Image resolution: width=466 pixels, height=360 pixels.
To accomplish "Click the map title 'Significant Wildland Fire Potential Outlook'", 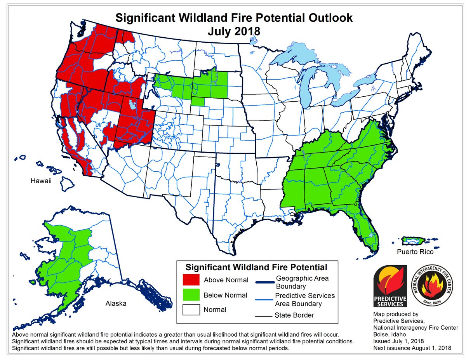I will (233, 18).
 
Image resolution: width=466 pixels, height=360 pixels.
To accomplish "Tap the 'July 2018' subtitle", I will (233, 31).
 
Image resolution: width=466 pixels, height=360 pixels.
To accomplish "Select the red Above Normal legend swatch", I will (191, 280).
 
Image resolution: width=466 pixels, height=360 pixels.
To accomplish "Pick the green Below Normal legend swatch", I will (191, 295).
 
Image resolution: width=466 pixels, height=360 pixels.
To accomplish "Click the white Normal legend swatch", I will (191, 310).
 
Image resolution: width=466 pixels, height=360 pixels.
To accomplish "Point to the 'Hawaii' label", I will (42, 181).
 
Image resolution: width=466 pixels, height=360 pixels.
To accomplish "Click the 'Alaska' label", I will (116, 303).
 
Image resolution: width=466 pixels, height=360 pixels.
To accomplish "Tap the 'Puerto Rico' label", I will (415, 252).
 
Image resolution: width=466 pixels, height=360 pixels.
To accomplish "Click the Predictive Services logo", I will (390, 286).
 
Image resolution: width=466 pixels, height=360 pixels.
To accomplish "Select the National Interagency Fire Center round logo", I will (431, 286).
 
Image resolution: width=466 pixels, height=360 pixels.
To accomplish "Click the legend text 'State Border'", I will (294, 315).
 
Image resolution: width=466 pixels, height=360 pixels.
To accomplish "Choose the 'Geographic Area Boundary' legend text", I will (302, 282).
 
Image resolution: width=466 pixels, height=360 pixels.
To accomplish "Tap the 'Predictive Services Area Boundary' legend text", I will (304, 299).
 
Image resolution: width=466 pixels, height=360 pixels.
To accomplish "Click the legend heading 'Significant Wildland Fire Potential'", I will (256, 267).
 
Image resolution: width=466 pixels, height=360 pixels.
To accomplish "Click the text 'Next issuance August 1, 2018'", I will (412, 348).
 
